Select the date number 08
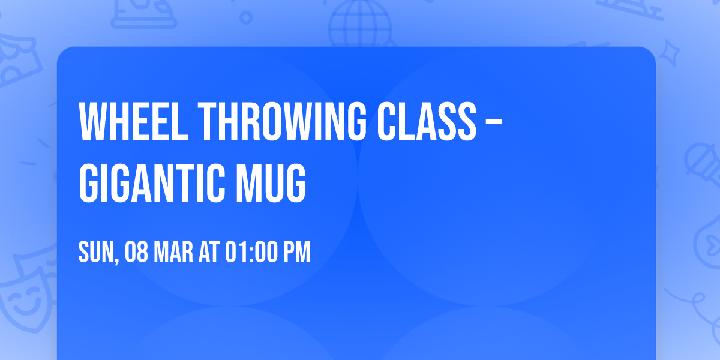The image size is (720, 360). pyautogui.click(x=136, y=253)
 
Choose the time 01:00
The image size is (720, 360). pyautogui.click(x=251, y=253)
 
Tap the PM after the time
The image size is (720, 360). pyautogui.click(x=297, y=253)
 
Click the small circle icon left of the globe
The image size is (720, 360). pyautogui.click(x=247, y=16)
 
